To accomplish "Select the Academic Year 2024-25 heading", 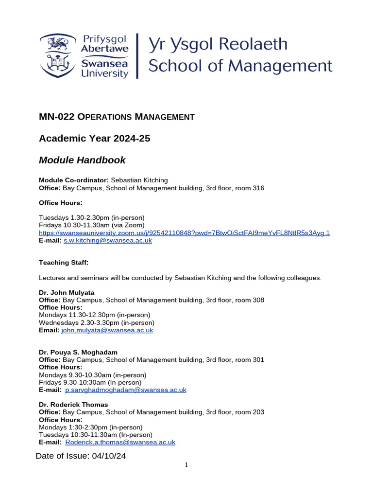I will pos(94,139).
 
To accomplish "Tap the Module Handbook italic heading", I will pos(82,160).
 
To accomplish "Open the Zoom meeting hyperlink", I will pos(184,233).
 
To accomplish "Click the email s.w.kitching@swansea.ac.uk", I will pos(108,241).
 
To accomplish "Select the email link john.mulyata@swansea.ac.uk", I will pos(107,330).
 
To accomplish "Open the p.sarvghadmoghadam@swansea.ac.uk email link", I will pos(125,390).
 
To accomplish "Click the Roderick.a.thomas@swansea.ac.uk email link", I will pos(120,443).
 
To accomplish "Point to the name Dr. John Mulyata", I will pos(67,292).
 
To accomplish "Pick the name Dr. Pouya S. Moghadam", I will pos(78,352).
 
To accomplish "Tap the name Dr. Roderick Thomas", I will pos(73,405).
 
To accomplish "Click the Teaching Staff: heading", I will pos(64,263).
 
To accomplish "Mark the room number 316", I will pos(258,188).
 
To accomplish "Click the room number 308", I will pos(258,300).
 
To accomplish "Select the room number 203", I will pos(258,412).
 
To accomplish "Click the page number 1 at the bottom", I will pos(186,465).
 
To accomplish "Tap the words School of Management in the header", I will pos(240,66).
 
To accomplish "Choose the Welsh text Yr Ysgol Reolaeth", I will pos(218,45).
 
